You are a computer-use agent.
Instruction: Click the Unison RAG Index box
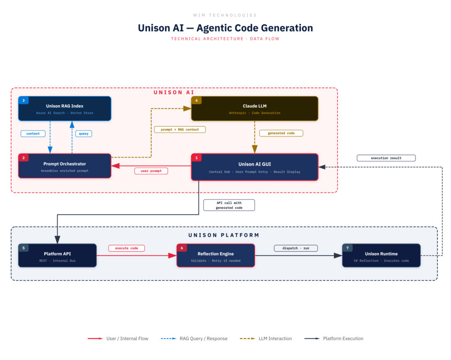(65, 109)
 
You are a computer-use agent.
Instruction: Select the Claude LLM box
(255, 109)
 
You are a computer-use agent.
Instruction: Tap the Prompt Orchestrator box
(65, 166)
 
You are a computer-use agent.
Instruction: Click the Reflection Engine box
(215, 256)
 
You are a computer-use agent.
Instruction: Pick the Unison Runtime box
(381, 256)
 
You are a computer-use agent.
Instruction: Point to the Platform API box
(57, 256)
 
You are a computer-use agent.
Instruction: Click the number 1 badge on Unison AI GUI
(196, 158)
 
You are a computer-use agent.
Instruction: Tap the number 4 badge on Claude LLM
(196, 101)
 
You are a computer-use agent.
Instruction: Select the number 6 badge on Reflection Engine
(182, 248)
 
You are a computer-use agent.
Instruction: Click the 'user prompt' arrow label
(151, 171)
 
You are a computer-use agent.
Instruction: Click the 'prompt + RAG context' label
(179, 129)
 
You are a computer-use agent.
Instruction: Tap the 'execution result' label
(386, 158)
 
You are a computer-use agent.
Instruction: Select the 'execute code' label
(127, 248)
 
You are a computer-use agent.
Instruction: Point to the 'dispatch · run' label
(296, 248)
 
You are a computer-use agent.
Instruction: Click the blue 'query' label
(83, 134)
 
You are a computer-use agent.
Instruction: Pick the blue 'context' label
(33, 134)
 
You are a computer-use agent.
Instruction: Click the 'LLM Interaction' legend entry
(275, 338)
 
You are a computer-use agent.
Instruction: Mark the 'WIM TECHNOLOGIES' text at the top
(225, 15)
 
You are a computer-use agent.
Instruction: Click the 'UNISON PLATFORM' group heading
(224, 235)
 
